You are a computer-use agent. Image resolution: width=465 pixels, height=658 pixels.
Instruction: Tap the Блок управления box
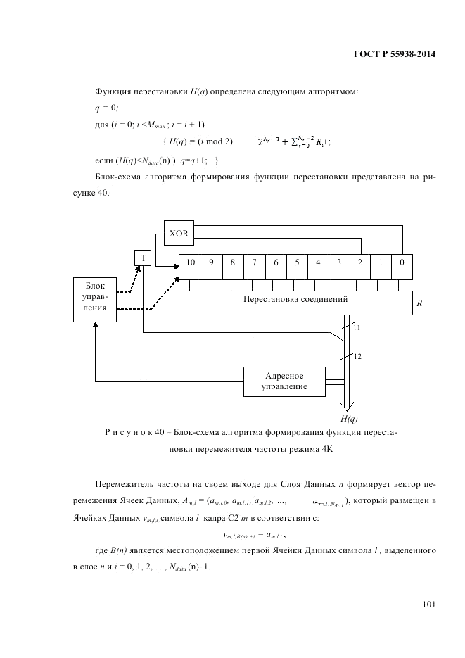95,298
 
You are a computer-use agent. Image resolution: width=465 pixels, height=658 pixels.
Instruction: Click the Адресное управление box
284,381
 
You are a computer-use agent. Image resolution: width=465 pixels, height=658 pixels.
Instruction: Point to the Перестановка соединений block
295,303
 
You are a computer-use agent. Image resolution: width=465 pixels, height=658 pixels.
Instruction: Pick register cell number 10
189,265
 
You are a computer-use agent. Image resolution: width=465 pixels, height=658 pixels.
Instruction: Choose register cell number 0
402,265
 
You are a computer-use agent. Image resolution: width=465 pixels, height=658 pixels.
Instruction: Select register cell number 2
359,265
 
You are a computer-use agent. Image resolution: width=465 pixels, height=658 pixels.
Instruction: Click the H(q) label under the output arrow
350,418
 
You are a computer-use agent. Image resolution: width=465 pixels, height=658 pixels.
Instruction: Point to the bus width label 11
356,328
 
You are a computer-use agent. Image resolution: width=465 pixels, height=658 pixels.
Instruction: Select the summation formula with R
295,141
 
